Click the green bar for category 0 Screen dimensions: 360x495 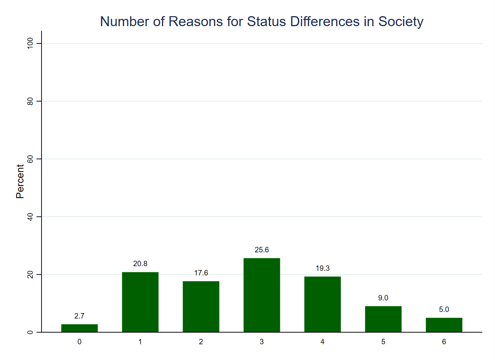(x=79, y=328)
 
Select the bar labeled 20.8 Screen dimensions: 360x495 (x=140, y=302)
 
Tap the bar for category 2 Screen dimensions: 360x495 (x=201, y=307)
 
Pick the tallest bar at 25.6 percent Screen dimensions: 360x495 (x=262, y=295)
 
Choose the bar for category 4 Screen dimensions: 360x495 (x=322, y=304)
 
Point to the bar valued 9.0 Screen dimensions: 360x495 (x=383, y=319)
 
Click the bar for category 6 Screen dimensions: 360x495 (x=444, y=325)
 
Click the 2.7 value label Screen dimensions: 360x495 (x=79, y=316)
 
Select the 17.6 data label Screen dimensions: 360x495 (x=201, y=273)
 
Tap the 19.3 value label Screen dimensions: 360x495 (x=322, y=268)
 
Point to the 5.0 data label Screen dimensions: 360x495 (x=444, y=310)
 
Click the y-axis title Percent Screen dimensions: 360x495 (x=20, y=182)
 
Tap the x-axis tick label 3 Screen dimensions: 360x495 (x=262, y=342)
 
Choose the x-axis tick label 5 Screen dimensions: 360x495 (x=383, y=342)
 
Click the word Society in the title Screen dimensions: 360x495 (x=401, y=22)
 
